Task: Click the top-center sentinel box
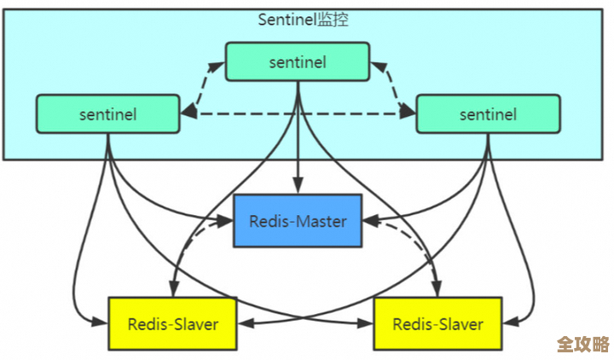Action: click(298, 61)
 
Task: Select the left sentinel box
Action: click(107, 113)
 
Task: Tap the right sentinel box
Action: click(488, 113)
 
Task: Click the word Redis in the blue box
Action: click(269, 221)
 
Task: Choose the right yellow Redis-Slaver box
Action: click(437, 323)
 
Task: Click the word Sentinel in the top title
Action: click(287, 20)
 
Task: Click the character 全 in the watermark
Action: click(565, 344)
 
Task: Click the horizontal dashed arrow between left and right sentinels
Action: click(298, 113)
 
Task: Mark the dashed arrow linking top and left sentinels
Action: click(203, 86)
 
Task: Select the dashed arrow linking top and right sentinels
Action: click(392, 86)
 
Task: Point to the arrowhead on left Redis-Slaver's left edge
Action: click(101, 324)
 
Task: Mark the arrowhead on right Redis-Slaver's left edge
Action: click(368, 324)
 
